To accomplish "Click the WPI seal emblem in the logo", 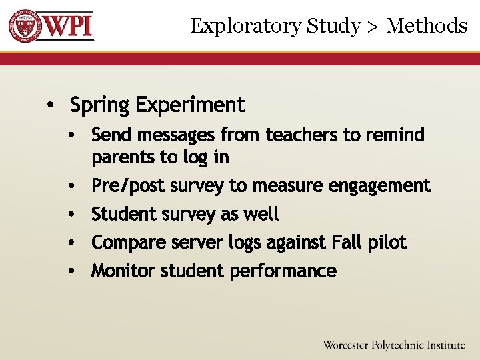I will coord(24,26).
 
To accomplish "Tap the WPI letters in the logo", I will coord(67,26).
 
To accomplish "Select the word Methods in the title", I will coord(427,26).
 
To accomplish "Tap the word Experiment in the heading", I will coord(190,105).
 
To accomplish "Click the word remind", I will coord(395,135).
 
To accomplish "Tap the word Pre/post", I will coord(129,186).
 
